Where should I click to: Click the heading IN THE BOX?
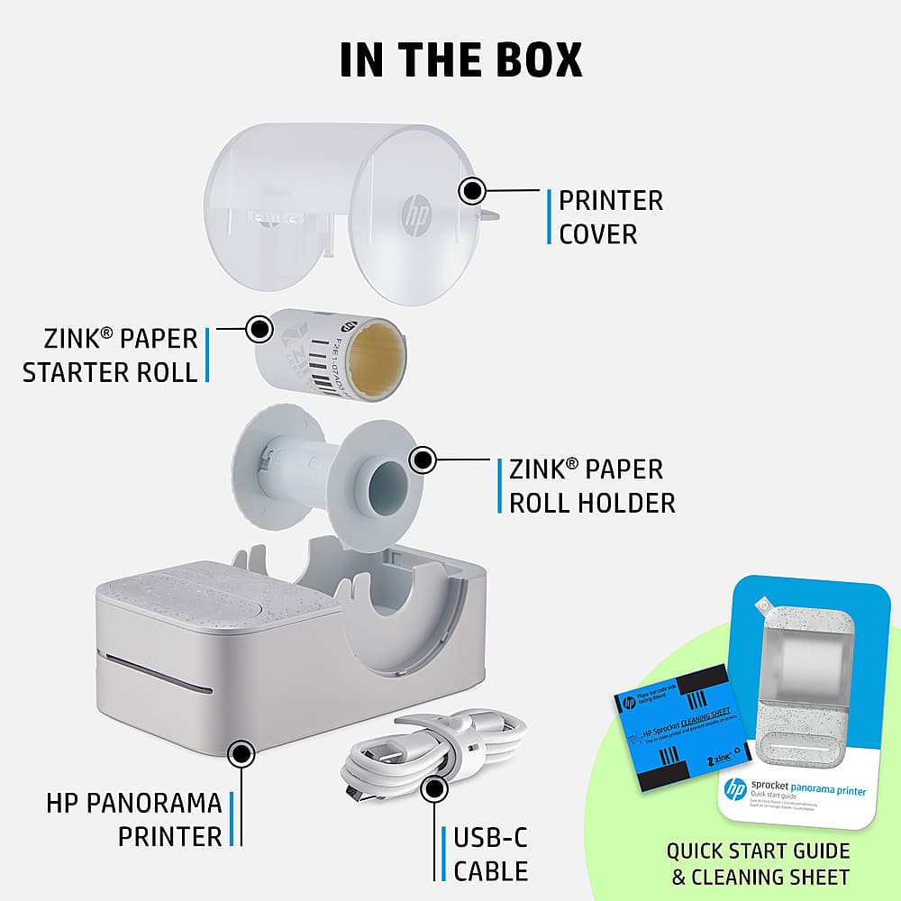click(x=460, y=59)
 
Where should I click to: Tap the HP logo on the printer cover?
click(x=417, y=214)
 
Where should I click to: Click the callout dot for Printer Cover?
click(x=471, y=191)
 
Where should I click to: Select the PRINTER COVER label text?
click(x=610, y=217)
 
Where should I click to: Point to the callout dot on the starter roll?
click(x=259, y=329)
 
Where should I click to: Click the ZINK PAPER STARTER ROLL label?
click(x=110, y=355)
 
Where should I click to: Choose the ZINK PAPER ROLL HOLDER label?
click(x=591, y=486)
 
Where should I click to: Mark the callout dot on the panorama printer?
click(x=240, y=753)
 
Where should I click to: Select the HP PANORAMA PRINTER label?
click(x=133, y=819)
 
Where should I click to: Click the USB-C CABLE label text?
click(x=490, y=854)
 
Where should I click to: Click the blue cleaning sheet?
click(x=687, y=726)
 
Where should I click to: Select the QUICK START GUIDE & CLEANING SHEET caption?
click(x=758, y=863)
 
